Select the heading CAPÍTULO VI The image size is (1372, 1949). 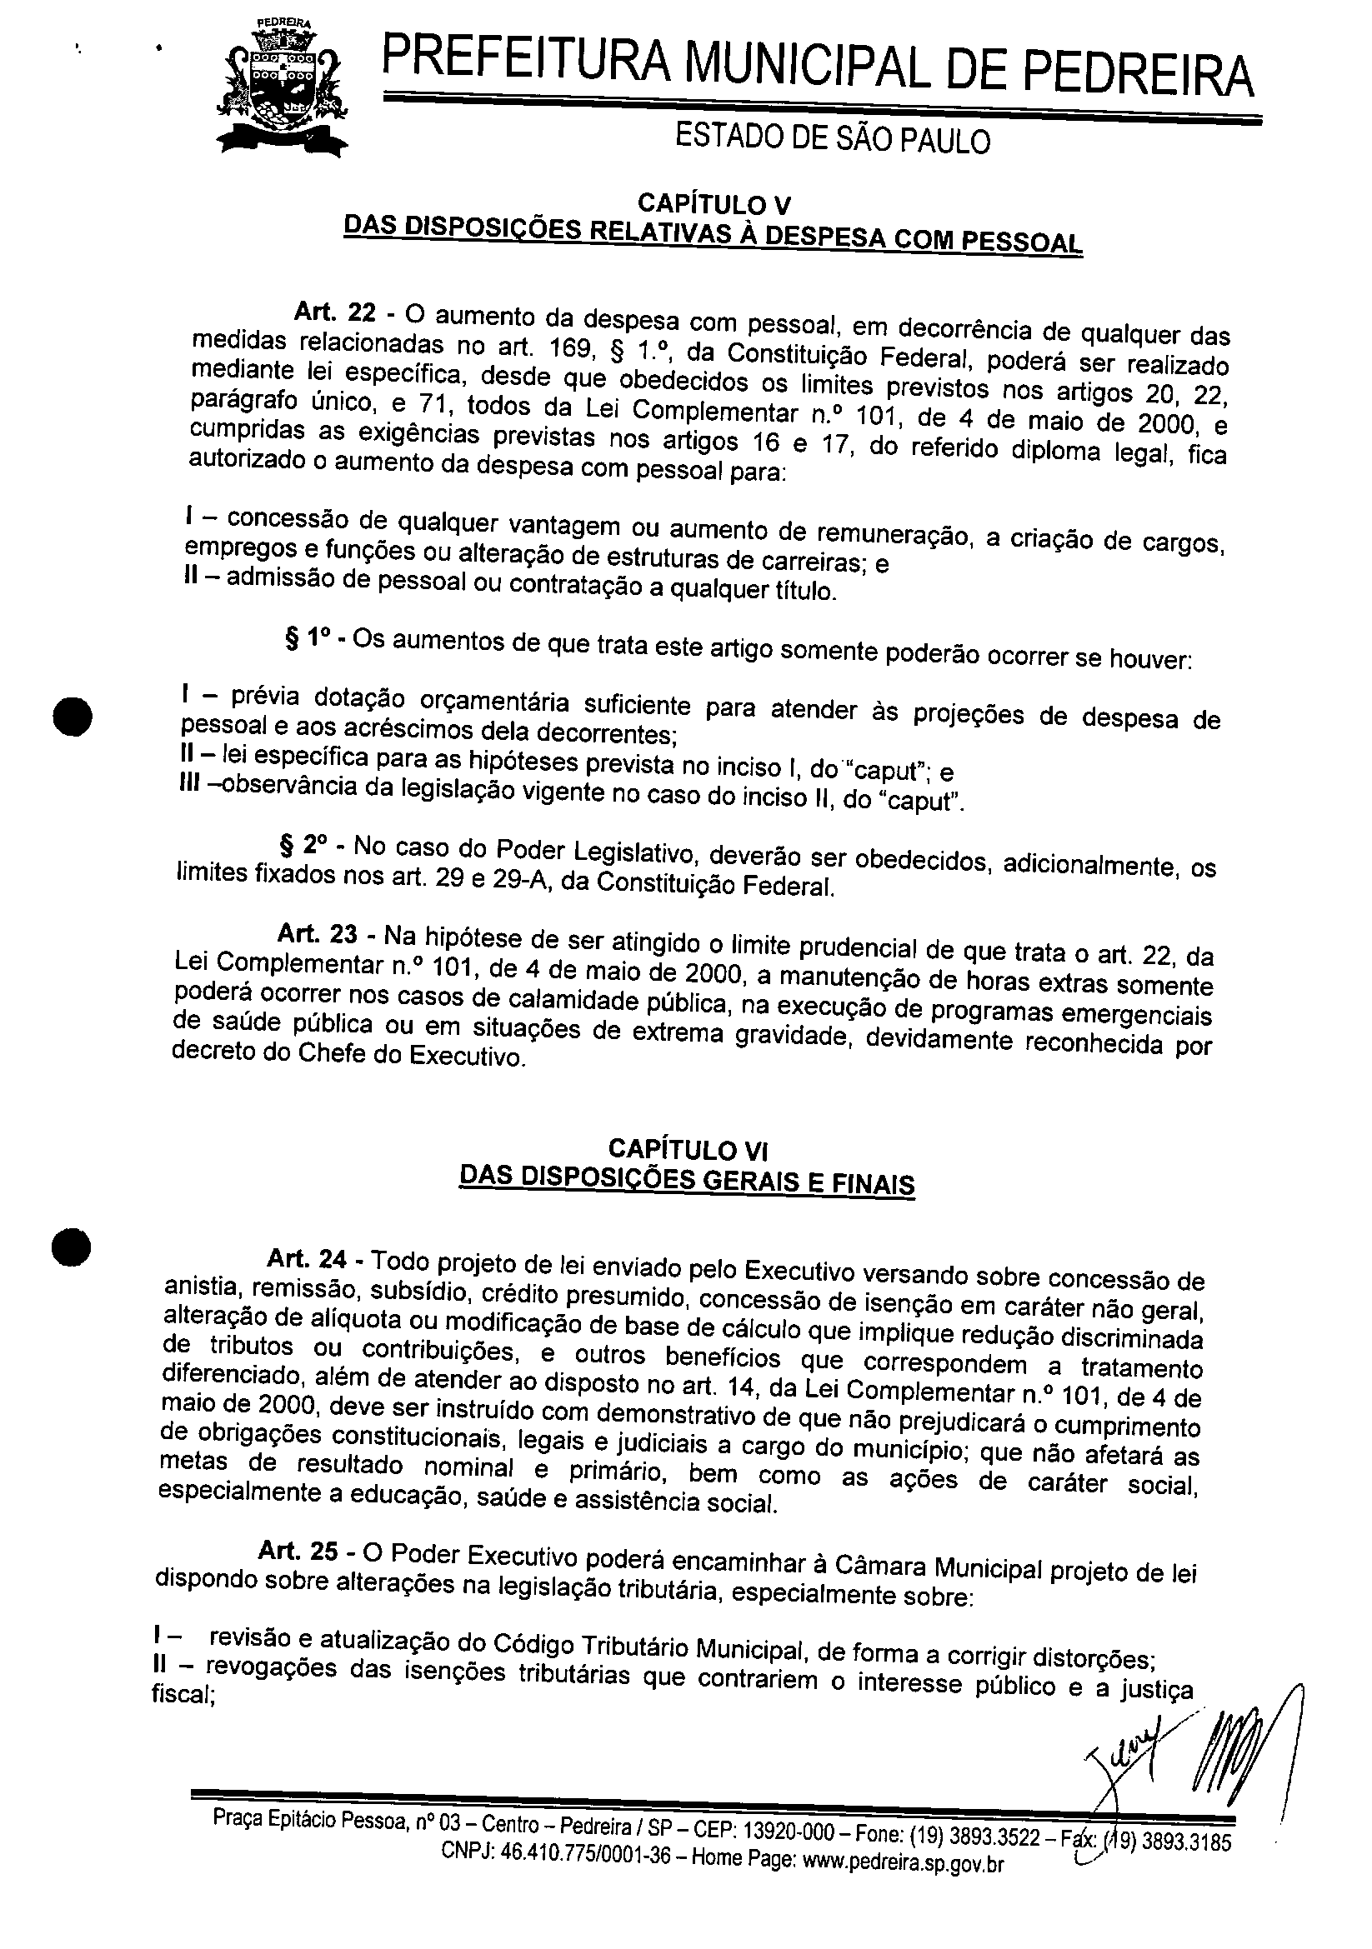[x=688, y=1150]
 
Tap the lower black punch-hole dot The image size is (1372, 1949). [x=71, y=1247]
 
